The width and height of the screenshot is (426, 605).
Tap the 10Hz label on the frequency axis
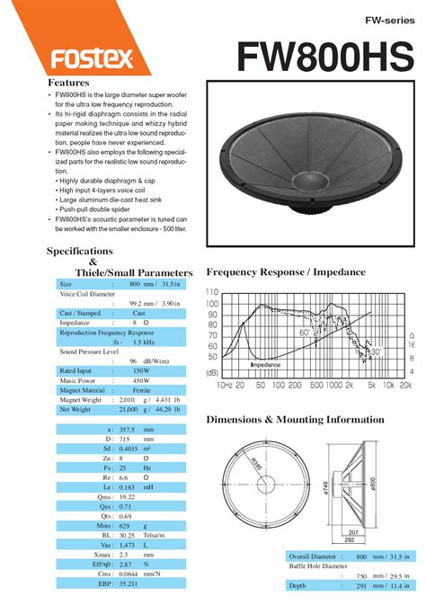[x=225, y=385]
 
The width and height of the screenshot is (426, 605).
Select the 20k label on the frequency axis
[x=405, y=385]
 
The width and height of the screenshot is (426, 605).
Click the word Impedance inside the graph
[x=265, y=365]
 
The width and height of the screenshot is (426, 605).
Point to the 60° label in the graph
[x=306, y=333]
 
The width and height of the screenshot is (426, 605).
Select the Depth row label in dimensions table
[x=297, y=585]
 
